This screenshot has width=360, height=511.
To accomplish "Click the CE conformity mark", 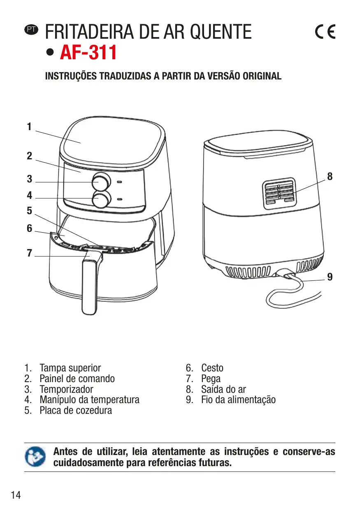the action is point(325,32).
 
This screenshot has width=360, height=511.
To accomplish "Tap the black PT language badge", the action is point(31,30).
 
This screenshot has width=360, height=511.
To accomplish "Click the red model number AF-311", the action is point(88,53).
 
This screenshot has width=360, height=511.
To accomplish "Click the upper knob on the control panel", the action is point(101,181).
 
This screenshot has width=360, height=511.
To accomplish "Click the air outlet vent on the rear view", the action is point(279,193).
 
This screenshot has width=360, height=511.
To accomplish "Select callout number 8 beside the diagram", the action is point(330,176).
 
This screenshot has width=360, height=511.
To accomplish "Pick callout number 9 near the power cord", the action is point(330,277).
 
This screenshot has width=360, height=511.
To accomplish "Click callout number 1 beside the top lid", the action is point(29,127).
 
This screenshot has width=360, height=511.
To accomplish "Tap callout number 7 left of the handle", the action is point(29,253).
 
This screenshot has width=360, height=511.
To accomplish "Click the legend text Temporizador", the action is point(66,389).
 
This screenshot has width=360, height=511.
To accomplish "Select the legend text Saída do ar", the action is point(223,389).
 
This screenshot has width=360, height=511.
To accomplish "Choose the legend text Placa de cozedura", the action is point(76,411).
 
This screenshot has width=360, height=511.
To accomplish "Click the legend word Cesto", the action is point(212,368).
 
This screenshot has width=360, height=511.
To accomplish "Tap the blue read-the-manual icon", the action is point(34,457).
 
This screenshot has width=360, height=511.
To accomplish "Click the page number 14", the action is point(16,495).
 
